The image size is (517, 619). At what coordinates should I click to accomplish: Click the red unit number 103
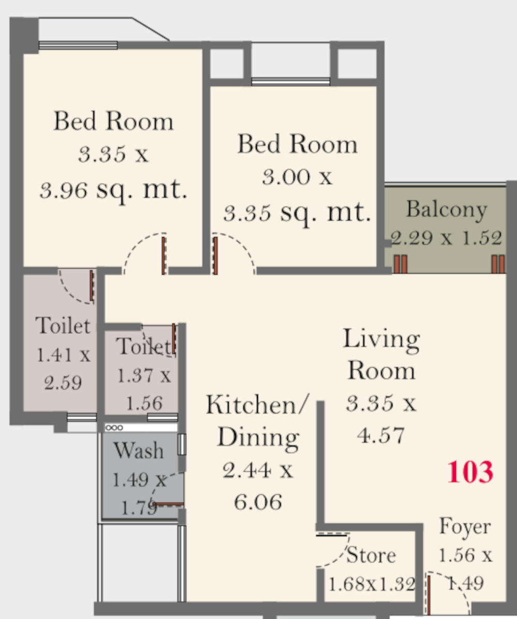pos(470,472)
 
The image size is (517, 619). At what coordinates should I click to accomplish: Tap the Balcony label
pos(447,210)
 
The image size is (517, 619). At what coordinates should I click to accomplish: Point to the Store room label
pos(371,555)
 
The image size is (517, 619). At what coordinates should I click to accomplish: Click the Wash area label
pos(139,450)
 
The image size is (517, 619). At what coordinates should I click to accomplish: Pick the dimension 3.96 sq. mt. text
pos(113,189)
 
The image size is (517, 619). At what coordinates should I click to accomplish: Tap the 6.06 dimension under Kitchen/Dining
pos(258,502)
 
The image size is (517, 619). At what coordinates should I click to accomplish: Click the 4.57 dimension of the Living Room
pos(381,436)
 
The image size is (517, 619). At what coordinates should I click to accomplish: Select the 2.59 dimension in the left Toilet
pos(63,382)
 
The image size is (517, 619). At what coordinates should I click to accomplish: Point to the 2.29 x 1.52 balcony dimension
pos(447,238)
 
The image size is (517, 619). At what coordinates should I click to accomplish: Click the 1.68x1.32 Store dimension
pos(372,584)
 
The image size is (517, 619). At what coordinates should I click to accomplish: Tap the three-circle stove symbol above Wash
pos(114,427)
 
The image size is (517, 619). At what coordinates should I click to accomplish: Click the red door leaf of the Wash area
pos(168,504)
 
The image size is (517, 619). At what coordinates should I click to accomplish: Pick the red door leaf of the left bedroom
pos(163,255)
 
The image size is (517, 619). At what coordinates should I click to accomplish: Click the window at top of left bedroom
pos(78,45)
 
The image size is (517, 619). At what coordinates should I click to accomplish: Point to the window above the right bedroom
pos(291,82)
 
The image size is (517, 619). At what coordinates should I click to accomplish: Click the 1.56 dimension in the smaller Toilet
pos(144,403)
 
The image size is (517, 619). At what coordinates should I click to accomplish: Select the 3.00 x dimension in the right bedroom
pos(297,177)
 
